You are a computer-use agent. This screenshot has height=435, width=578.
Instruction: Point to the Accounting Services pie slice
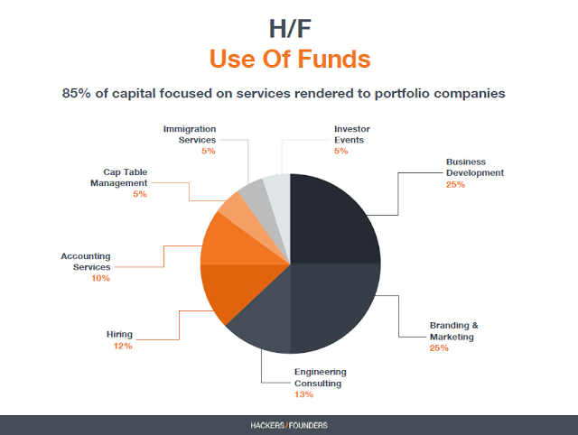pos(236,245)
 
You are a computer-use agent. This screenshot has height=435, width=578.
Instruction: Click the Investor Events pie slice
pos(279,202)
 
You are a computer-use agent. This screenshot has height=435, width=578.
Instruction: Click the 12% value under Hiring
pos(123,346)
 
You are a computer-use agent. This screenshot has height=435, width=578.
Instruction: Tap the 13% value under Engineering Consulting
pos(303,394)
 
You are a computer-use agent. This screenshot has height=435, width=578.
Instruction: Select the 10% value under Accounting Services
pos(101,278)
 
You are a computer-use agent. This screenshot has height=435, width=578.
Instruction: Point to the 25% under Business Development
pos(455,184)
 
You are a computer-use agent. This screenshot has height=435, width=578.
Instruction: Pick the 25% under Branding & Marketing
pos(439,348)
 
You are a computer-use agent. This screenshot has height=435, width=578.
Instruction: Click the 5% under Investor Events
pos(341,151)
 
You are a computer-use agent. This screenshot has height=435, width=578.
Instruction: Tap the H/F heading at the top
pos(290,29)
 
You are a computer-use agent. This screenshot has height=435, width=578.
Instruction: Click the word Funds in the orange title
pos(334,59)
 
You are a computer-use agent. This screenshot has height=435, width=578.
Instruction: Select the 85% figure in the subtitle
pos(76,93)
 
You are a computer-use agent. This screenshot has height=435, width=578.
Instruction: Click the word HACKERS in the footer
pos(267,425)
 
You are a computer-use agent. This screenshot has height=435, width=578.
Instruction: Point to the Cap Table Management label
pos(118,178)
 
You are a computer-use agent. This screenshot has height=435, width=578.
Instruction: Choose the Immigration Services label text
pos(190,134)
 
